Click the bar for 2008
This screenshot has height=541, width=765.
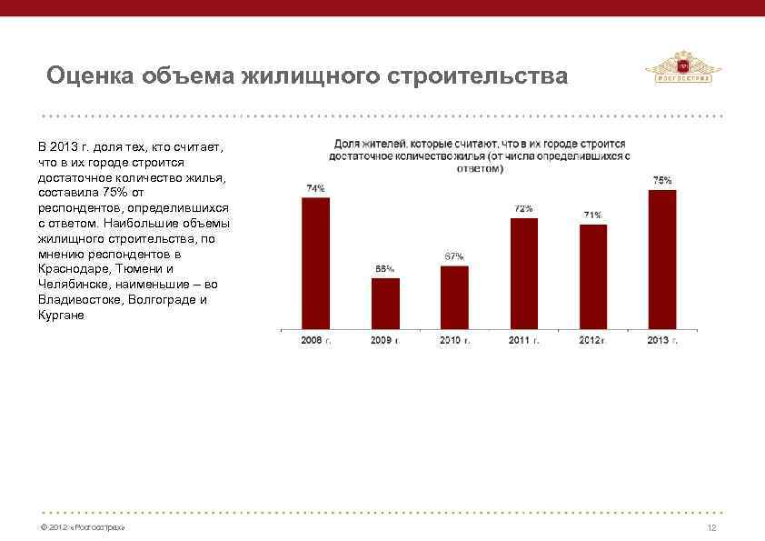coord(315,262)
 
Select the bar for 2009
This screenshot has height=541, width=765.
coord(385,303)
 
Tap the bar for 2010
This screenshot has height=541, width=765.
coord(454,296)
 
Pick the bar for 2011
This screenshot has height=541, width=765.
coord(524,273)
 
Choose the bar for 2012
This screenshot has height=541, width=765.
coord(593,276)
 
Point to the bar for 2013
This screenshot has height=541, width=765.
coord(662,258)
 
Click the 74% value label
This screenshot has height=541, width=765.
coord(315,188)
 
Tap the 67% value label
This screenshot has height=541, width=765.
coord(454,255)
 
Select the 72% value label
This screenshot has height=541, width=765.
coord(524,208)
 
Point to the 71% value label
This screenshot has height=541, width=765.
coord(592,215)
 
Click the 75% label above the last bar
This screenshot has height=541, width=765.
coord(662,180)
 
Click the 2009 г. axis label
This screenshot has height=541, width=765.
coord(385,340)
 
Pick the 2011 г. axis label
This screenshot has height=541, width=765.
coord(524,340)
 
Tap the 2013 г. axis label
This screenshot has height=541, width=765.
coord(662,340)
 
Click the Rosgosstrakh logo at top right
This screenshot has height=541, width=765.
coord(682,68)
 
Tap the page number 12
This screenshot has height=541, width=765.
coord(711,528)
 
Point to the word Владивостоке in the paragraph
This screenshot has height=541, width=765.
coord(77,299)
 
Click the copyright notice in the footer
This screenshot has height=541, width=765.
coord(78,528)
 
